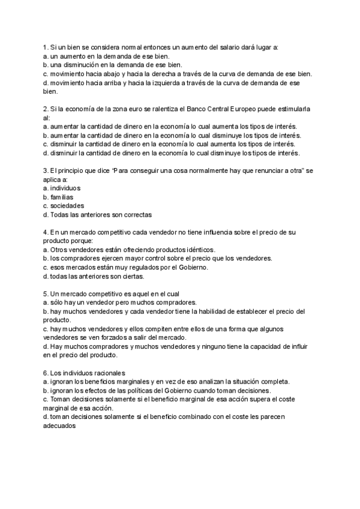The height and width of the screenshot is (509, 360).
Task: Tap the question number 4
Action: [46, 232]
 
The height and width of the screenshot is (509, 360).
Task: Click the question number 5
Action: [46, 294]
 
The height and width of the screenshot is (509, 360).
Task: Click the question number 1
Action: [46, 47]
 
